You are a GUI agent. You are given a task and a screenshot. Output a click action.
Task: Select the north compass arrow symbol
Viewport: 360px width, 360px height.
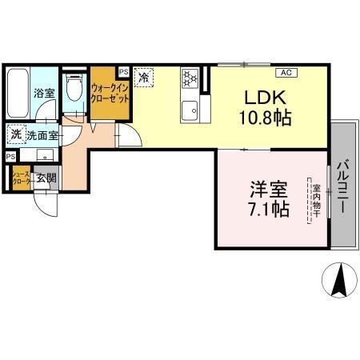[338, 280]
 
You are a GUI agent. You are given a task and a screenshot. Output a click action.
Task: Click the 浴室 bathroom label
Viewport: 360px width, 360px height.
[43, 94]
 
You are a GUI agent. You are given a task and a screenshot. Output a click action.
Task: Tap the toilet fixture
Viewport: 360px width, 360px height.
[74, 89]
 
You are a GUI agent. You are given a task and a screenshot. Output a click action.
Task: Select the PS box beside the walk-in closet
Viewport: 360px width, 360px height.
[123, 72]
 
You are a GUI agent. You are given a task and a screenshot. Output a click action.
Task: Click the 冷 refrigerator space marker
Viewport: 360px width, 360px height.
[144, 78]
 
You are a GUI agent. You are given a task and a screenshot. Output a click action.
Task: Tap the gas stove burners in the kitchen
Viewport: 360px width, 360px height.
[190, 78]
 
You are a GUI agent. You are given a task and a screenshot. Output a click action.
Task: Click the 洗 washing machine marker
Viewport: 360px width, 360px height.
[15, 134]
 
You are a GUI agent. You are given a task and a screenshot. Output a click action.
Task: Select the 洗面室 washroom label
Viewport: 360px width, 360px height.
[41, 135]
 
